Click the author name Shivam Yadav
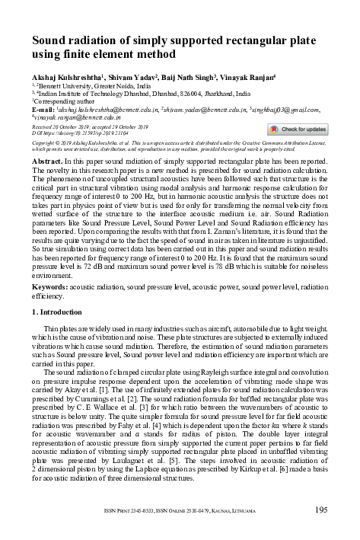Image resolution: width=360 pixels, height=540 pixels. pyautogui.click(x=134, y=77)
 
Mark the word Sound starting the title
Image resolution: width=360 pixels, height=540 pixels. pyautogui.click(x=51, y=39)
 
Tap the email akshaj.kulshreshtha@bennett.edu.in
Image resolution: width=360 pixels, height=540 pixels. pyautogui.click(x=95, y=110)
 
